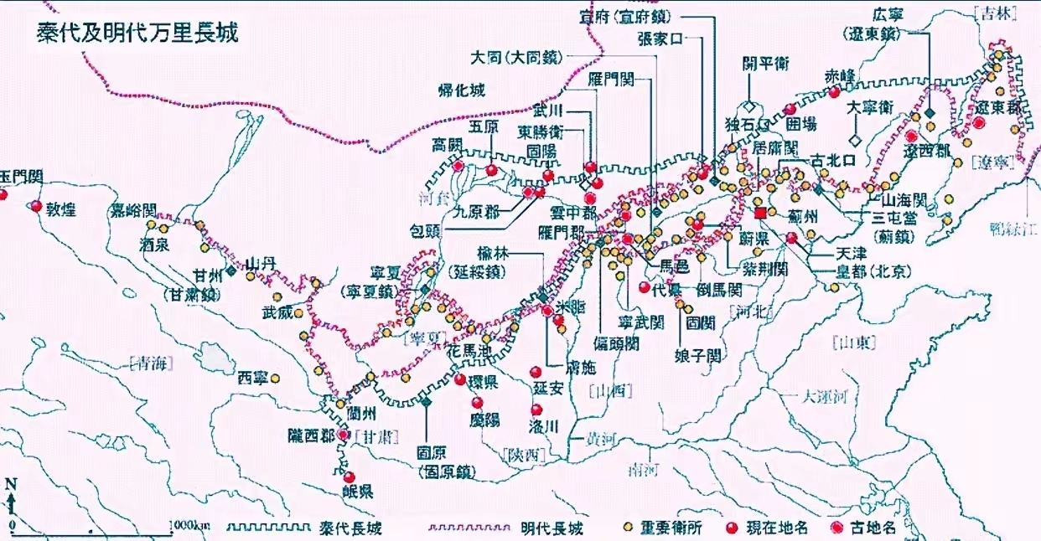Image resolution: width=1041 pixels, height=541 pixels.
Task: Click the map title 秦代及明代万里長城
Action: tap(137, 33)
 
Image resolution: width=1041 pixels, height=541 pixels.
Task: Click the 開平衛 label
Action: tap(767, 64)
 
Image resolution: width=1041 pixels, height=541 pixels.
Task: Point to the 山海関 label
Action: tap(903, 200)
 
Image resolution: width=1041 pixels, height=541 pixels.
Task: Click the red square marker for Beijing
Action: tap(760, 214)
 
